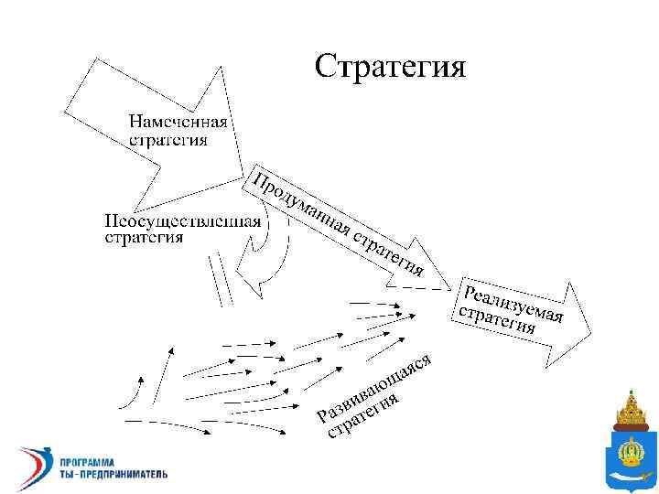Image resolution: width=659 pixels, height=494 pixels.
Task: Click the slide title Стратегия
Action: (x=390, y=66)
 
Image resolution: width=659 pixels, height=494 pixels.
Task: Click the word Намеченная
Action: (x=178, y=123)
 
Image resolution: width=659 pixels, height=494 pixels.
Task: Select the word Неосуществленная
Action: (x=181, y=221)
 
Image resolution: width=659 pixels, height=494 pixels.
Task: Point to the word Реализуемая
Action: (x=513, y=303)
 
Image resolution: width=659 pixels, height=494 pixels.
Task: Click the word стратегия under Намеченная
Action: (x=167, y=140)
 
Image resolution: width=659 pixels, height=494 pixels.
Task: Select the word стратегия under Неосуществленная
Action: (x=143, y=238)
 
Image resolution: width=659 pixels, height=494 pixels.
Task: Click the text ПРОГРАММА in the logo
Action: (x=84, y=460)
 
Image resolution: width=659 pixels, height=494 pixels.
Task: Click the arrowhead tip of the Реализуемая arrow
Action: (x=592, y=328)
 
